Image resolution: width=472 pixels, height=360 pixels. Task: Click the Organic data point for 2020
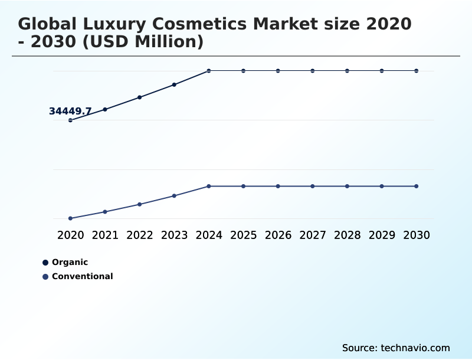[70, 120]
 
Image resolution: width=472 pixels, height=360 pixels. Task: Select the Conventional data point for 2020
[70, 218]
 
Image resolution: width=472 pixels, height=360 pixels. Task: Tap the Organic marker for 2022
[140, 97]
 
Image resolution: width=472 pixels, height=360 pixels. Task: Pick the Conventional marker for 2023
[174, 196]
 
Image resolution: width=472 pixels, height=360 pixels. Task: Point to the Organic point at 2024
[209, 71]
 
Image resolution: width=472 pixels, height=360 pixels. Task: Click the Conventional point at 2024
[209, 186]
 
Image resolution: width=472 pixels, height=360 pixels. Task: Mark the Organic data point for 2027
[313, 71]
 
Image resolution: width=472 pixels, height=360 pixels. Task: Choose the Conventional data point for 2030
[416, 186]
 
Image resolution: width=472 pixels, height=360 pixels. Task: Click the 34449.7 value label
[70, 112]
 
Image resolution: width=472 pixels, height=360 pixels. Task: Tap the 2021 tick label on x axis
[105, 235]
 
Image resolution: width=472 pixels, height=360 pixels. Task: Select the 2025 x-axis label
[243, 235]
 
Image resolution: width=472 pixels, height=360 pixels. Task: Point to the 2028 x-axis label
[347, 235]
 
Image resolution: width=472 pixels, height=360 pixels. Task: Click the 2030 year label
[416, 235]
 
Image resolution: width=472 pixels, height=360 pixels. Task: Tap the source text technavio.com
[396, 348]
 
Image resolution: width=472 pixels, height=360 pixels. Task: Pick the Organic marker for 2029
[382, 71]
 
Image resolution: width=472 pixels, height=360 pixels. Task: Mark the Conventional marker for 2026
[278, 186]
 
